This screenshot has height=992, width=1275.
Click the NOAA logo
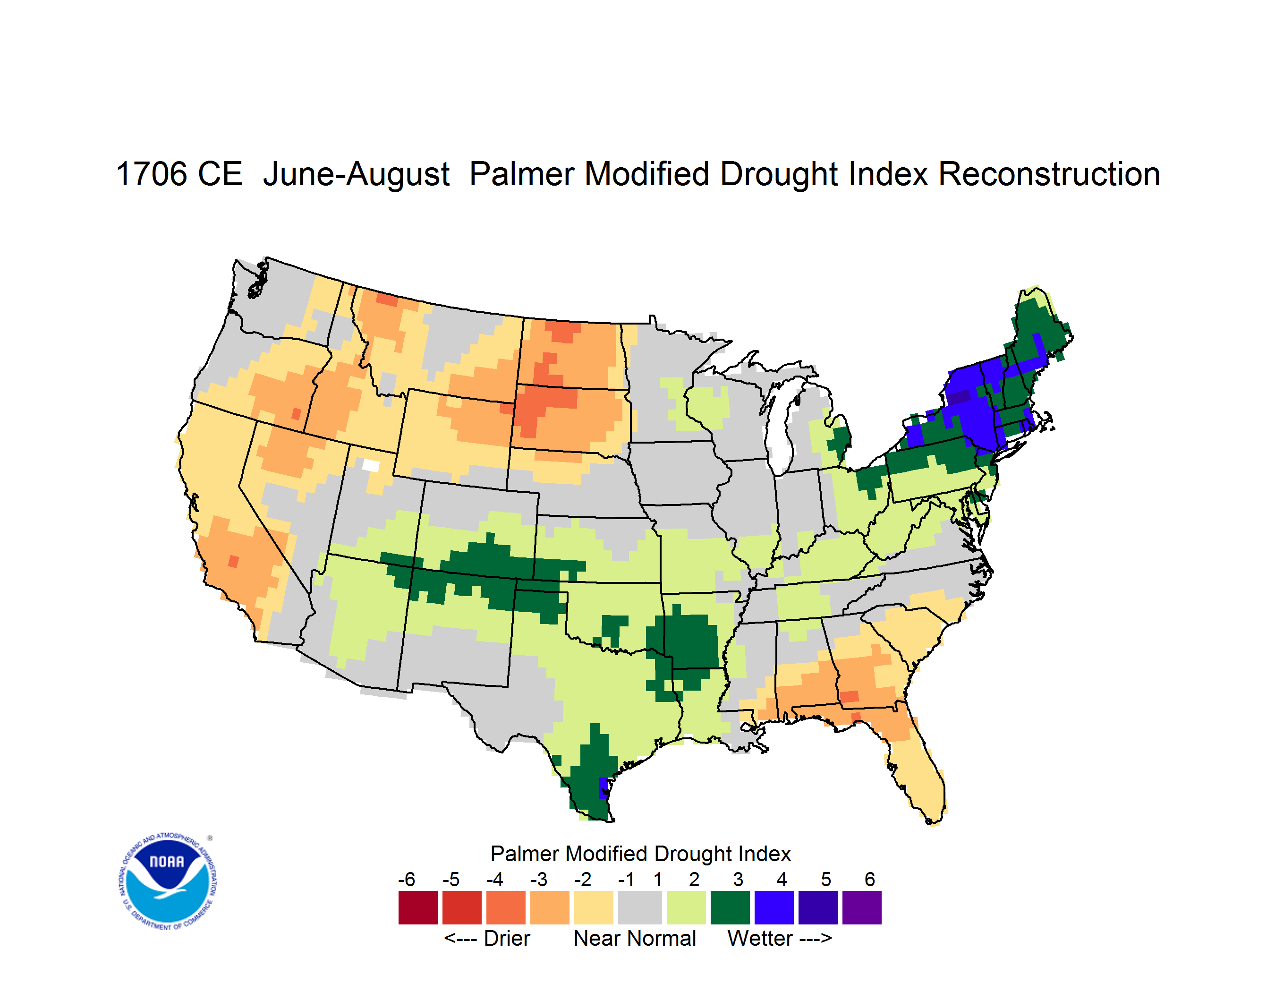(168, 881)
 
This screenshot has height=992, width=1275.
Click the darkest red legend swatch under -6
(418, 907)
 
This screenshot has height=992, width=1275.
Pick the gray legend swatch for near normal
(640, 907)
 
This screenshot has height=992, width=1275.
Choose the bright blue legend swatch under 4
(774, 907)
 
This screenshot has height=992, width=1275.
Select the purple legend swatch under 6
(862, 907)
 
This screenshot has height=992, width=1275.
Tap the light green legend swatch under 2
(686, 907)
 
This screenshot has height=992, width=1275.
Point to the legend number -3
(539, 879)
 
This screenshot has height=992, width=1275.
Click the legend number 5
(826, 879)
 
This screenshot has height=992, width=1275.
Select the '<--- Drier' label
(487, 938)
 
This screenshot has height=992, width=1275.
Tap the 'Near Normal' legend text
(635, 938)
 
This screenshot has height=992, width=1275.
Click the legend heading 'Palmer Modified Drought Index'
(640, 854)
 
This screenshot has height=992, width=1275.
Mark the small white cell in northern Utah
(371, 465)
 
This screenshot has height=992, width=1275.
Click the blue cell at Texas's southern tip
(603, 788)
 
